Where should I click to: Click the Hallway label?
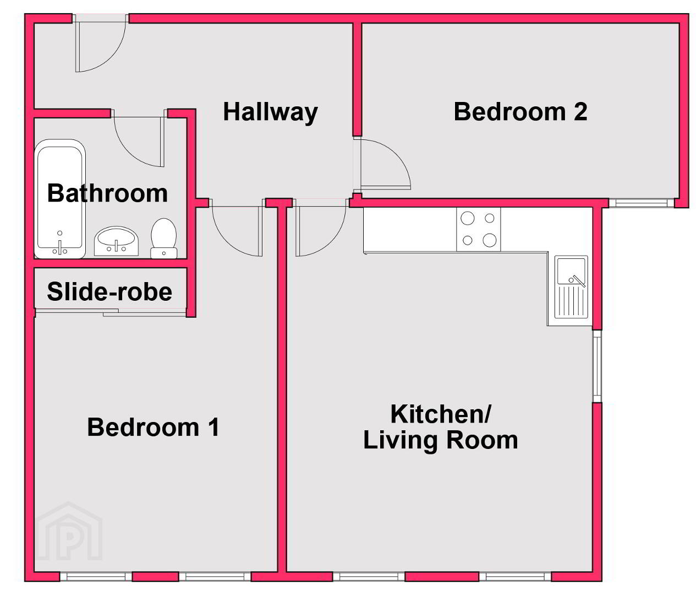click(x=270, y=112)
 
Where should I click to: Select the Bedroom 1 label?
click(x=153, y=427)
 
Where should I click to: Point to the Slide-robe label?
click(x=109, y=291)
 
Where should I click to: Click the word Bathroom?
click(x=107, y=193)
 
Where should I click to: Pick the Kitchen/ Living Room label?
click(x=440, y=427)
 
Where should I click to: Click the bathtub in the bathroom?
click(x=60, y=199)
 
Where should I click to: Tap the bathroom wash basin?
click(x=116, y=241)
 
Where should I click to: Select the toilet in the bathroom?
click(x=163, y=238)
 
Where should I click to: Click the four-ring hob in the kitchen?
click(x=478, y=229)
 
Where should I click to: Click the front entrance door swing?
click(x=101, y=44)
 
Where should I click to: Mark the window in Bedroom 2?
click(x=642, y=203)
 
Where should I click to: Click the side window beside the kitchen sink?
click(x=597, y=366)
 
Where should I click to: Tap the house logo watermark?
click(x=69, y=531)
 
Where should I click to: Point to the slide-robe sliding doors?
click(x=111, y=312)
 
